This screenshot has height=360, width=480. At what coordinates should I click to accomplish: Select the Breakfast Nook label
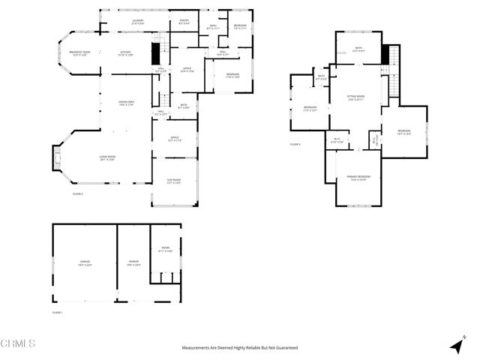tap(79, 53)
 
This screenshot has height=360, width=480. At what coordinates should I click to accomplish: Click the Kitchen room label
tap(125, 53)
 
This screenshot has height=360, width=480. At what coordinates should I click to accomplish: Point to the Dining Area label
tap(125, 103)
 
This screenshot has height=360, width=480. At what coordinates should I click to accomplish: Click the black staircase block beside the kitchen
tap(156, 54)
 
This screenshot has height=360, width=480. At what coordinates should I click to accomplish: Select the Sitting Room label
tap(355, 97)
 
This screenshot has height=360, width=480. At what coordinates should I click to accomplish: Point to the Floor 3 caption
tap(295, 144)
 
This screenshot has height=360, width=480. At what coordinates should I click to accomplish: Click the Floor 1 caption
tap(57, 311)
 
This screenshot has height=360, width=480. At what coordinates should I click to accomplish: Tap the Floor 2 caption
tap(77, 194)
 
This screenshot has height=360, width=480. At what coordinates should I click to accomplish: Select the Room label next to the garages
tap(166, 250)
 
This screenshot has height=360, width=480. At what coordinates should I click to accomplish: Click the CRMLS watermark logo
tap(18, 343)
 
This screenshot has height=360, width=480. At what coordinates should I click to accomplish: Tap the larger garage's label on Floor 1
tap(85, 263)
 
